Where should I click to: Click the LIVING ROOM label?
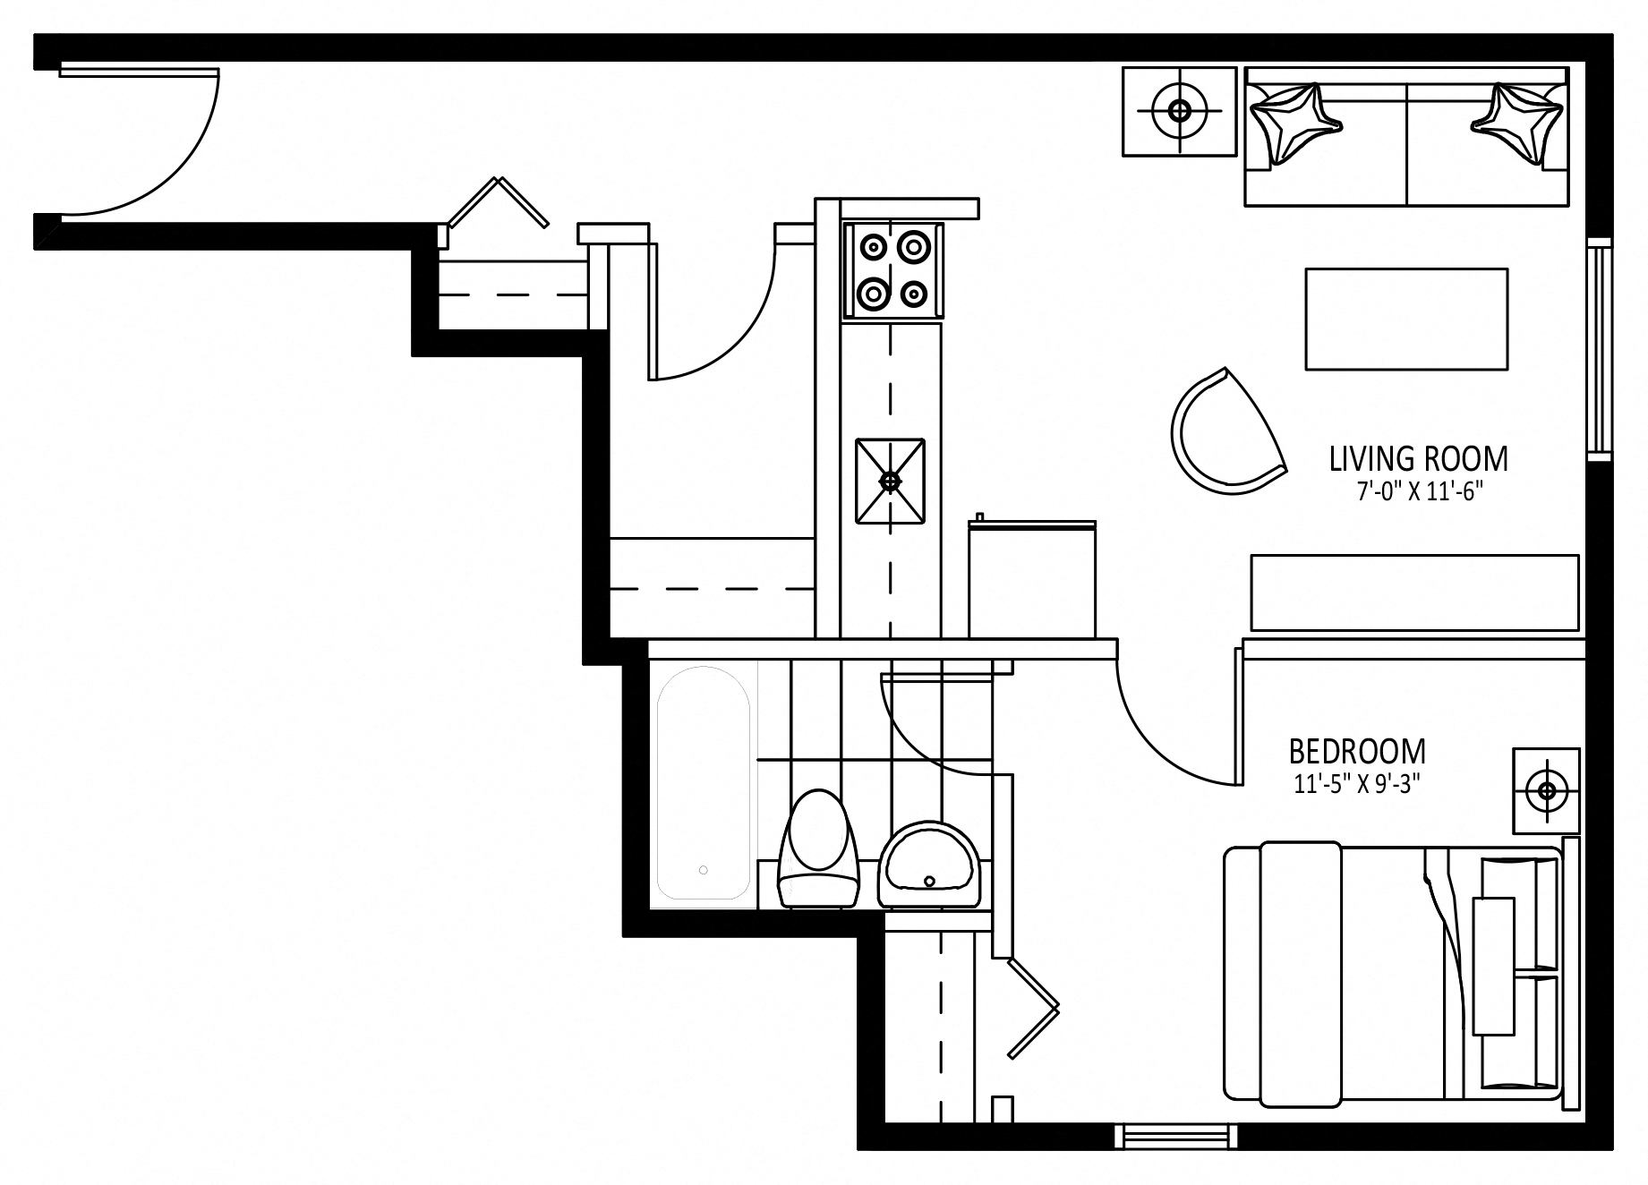[x=1419, y=459]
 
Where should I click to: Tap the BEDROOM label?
[x=1357, y=751]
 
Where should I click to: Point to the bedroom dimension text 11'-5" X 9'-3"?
[x=1358, y=784]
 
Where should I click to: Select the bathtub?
[x=704, y=783]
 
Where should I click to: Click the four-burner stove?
[x=892, y=270]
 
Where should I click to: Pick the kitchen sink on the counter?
[x=890, y=482]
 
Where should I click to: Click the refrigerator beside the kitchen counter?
[x=1032, y=578]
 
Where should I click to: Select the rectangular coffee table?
[x=1406, y=319]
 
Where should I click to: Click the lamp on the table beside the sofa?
[x=1180, y=111]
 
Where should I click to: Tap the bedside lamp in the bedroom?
[x=1546, y=790]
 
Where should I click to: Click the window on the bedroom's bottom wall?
[x=1177, y=1137]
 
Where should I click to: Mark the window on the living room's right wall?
[x=1599, y=350]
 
